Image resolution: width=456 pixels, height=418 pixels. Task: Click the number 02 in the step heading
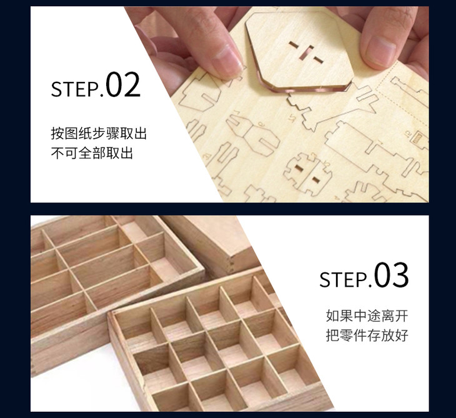pyautogui.click(x=123, y=84)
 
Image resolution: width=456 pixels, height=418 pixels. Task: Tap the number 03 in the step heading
pyautogui.click(x=391, y=275)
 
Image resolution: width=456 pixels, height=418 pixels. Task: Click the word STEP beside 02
pyautogui.click(x=75, y=89)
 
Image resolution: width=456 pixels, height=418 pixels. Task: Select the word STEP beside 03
pyautogui.click(x=344, y=279)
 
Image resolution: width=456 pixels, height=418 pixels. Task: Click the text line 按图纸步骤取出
pyautogui.click(x=99, y=134)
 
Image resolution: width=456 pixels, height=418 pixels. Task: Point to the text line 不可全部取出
pyautogui.click(x=92, y=152)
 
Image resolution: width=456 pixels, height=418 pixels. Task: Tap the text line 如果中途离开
pyautogui.click(x=367, y=316)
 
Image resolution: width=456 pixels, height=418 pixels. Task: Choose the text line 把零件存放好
pyautogui.click(x=367, y=335)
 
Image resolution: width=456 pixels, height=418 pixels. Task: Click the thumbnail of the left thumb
pyautogui.click(x=226, y=59)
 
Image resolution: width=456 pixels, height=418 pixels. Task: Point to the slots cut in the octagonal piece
pyautogui.click(x=306, y=52)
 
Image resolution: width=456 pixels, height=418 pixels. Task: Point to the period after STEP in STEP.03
pyautogui.click(x=370, y=285)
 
